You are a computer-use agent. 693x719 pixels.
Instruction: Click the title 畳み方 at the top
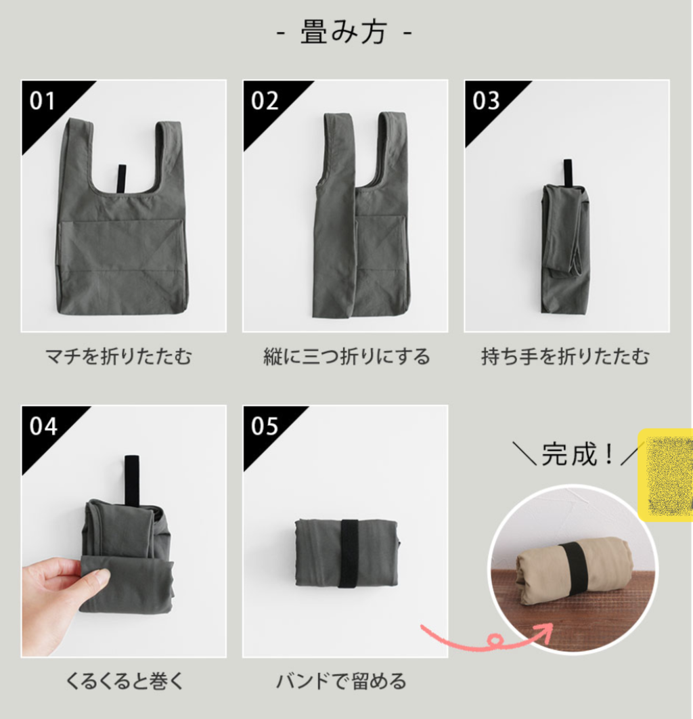(x=343, y=32)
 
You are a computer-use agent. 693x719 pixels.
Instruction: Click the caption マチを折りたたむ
(x=118, y=356)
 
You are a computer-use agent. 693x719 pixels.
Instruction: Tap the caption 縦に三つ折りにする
(x=346, y=356)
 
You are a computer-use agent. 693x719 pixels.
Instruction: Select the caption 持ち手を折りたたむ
(x=565, y=356)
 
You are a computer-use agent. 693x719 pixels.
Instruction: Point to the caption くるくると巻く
(x=125, y=681)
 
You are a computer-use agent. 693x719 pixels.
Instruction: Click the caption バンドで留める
(x=342, y=681)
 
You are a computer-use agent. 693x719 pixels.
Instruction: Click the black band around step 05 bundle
(x=349, y=553)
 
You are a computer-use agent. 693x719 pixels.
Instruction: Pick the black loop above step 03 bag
(x=567, y=173)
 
